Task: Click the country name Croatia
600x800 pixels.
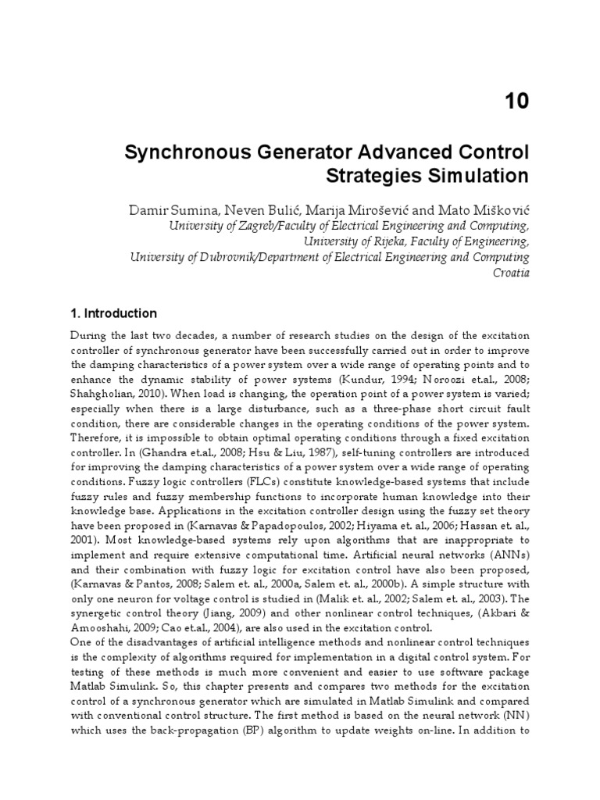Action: point(511,273)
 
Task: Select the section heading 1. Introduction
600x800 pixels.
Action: point(113,313)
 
